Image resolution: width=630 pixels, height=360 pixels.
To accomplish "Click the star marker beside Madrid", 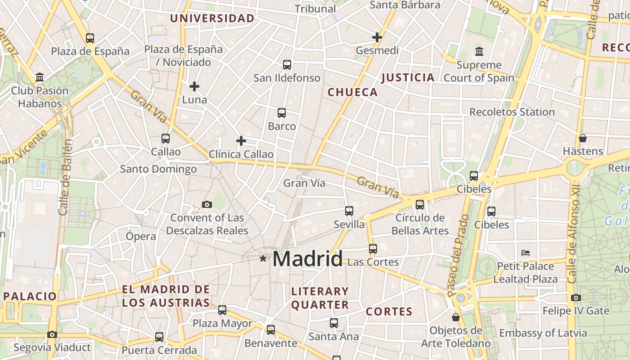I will coord(263,258).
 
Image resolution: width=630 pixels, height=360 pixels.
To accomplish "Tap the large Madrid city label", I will coord(307,259).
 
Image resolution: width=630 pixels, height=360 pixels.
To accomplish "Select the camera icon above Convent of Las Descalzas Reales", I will coord(207,205).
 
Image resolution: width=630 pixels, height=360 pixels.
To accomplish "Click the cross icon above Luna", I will coord(194,86).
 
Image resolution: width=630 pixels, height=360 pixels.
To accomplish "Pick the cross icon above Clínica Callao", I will coord(241,141).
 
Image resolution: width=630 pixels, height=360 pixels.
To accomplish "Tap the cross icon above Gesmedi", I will coord(377,37).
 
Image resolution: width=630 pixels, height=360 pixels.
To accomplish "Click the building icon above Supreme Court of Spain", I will coord(479,52).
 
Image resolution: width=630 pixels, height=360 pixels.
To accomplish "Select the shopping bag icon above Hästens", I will coord(583,138).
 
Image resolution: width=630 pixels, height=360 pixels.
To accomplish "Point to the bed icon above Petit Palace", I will coord(526,252).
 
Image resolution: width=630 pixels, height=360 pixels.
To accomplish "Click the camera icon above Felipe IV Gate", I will coord(576,297).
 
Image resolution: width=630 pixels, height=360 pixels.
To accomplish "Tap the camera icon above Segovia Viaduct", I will coord(52,334).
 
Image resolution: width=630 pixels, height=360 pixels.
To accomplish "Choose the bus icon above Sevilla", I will coord(349,211).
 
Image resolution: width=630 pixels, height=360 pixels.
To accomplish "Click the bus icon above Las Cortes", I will coord(373,248).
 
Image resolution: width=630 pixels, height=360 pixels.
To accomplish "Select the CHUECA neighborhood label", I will coord(352,92).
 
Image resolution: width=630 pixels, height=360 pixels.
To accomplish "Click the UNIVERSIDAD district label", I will coord(212,18).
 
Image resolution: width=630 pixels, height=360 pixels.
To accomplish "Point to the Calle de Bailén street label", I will coord(66,177).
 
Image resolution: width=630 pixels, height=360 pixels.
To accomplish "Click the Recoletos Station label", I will coord(512,112).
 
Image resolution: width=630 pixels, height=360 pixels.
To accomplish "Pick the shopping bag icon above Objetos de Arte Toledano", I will coord(456,317).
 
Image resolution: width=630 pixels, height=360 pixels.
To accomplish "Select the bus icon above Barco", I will coord(282,113).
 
